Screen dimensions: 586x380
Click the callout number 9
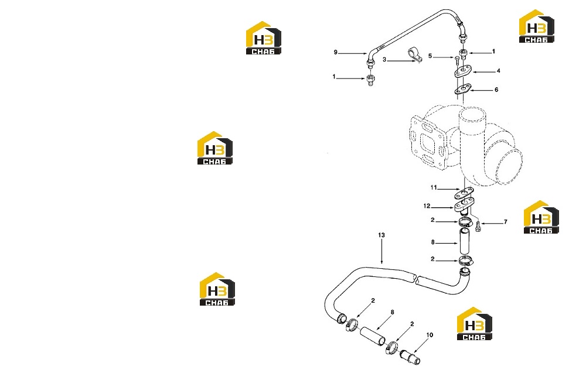(x=336, y=52)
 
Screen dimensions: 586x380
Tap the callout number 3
(x=384, y=60)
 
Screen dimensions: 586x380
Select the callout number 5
(x=430, y=56)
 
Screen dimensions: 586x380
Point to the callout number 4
(x=498, y=70)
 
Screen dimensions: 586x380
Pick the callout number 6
(x=496, y=90)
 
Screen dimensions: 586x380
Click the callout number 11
(x=434, y=187)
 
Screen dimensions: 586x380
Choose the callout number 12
(x=427, y=206)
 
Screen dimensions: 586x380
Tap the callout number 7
(x=506, y=222)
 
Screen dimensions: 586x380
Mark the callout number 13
(x=381, y=235)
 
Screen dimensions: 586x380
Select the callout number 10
(x=430, y=335)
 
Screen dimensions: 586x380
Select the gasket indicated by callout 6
(x=463, y=90)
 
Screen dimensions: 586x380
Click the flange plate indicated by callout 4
(x=464, y=71)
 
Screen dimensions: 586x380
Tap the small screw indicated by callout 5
(x=457, y=60)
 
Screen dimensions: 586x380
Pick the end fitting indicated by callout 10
(x=410, y=357)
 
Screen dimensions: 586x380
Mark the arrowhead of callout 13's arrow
(x=381, y=262)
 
